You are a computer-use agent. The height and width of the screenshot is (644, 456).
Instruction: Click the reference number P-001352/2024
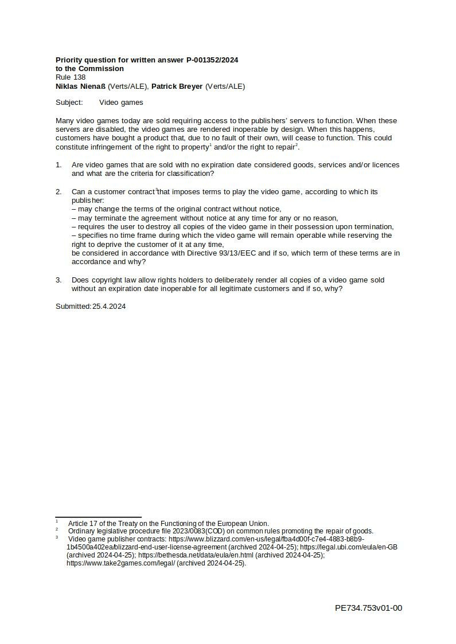pos(212,60)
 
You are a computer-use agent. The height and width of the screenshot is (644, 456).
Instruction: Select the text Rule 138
pos(71,77)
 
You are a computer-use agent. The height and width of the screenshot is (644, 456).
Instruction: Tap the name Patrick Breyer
pos(177,87)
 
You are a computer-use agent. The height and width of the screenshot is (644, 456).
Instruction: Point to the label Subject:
pos(69,103)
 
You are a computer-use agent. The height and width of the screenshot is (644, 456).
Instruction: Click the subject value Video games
pos(121,103)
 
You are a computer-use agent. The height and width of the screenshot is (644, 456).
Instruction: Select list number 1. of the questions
pos(59,165)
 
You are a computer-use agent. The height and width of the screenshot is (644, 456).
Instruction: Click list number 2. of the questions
pos(59,192)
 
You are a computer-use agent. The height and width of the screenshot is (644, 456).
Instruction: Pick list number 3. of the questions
pos(59,280)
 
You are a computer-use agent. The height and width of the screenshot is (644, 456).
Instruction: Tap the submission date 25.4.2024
pos(109,307)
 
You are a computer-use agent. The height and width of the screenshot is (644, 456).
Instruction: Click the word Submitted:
pos(73,307)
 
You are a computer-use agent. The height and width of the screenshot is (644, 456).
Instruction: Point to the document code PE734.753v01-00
pos(368,608)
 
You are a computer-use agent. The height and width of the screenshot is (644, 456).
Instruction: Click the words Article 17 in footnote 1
pos(80,524)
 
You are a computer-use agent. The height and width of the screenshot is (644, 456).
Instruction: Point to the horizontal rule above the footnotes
pos(98,517)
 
